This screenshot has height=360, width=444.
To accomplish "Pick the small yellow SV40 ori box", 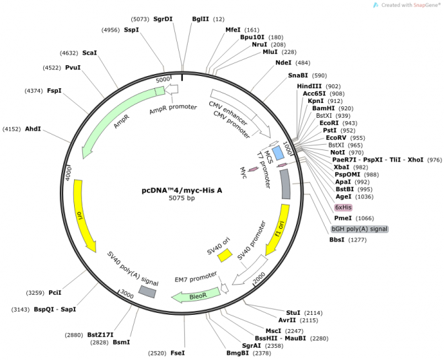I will pyautogui.click(x=224, y=255).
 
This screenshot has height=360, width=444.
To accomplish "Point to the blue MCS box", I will pyautogui.click(x=277, y=152).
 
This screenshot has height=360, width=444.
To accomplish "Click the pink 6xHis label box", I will pyautogui.click(x=343, y=207).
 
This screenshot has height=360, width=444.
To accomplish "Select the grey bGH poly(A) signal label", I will pyautogui.click(x=359, y=229).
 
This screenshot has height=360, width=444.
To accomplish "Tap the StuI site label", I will pyautogui.click(x=293, y=312).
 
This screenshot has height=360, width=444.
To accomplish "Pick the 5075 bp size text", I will pyautogui.click(x=182, y=199).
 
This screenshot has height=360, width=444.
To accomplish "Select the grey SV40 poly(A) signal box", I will pyautogui.click(x=147, y=291).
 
